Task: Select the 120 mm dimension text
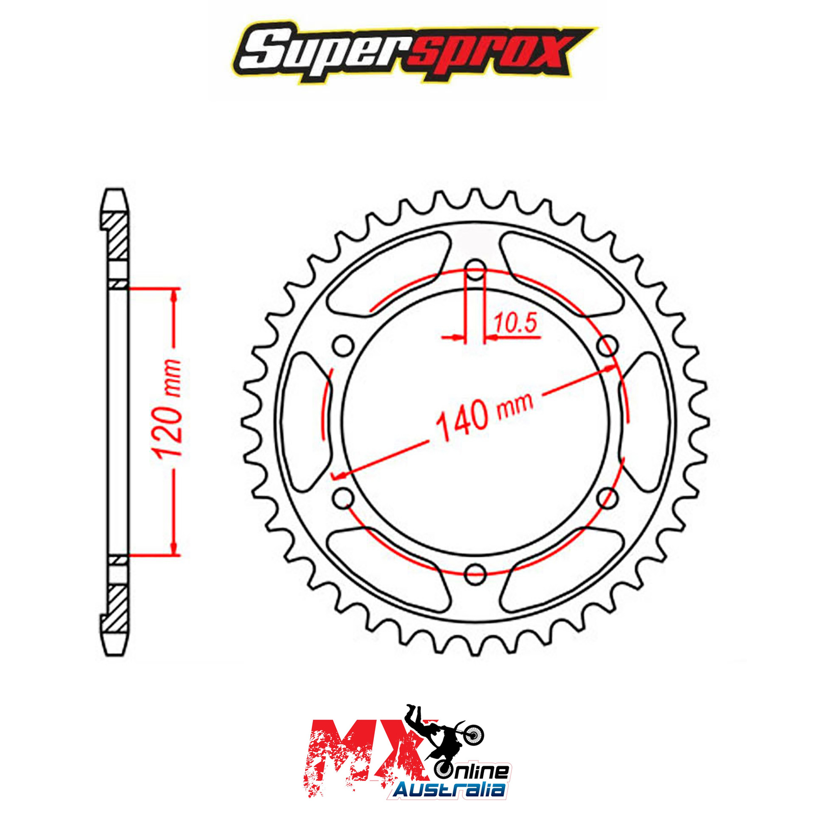[169, 408]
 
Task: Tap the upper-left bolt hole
[344, 345]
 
